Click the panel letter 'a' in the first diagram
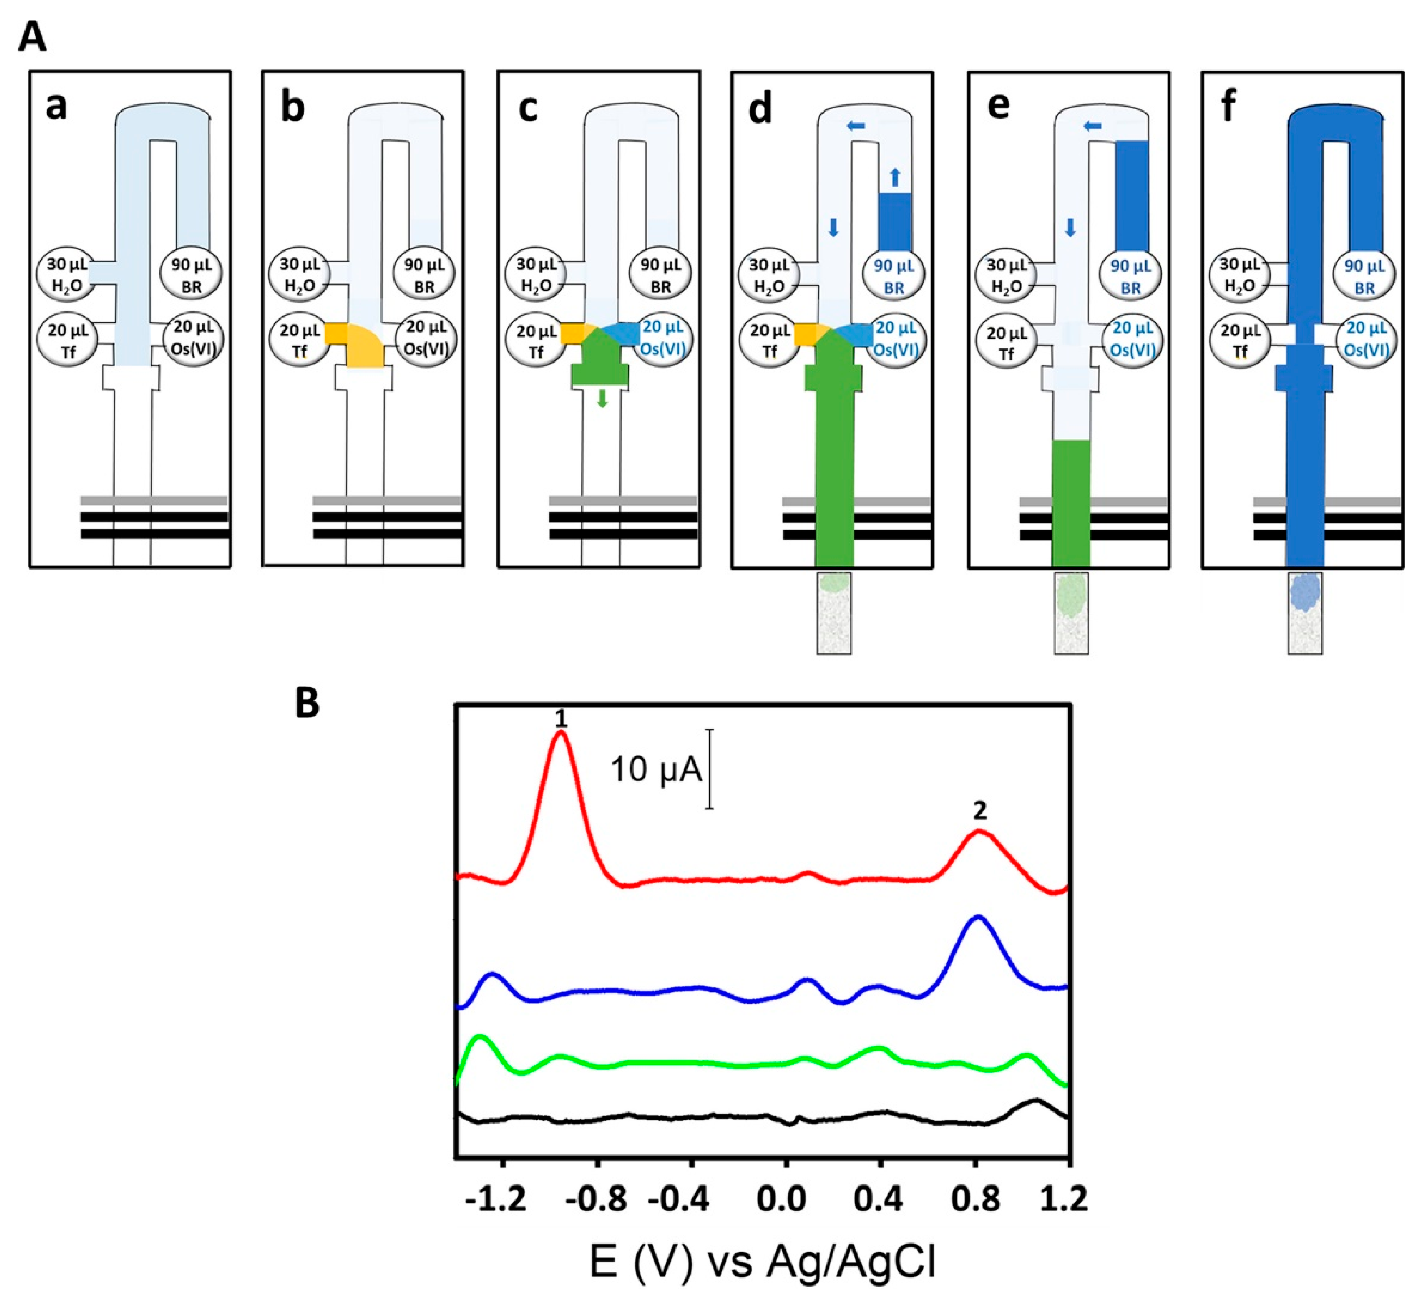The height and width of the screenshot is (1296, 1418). point(56,107)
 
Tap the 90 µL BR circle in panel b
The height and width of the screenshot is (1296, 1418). point(424,276)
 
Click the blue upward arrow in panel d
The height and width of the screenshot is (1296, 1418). point(895,177)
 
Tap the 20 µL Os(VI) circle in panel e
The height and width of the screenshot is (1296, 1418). point(1131,340)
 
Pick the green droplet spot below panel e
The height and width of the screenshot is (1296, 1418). point(1071,595)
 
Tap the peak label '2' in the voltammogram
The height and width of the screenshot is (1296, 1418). point(980,811)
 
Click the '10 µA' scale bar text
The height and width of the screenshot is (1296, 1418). point(656,770)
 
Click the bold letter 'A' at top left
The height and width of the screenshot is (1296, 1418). point(32,37)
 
